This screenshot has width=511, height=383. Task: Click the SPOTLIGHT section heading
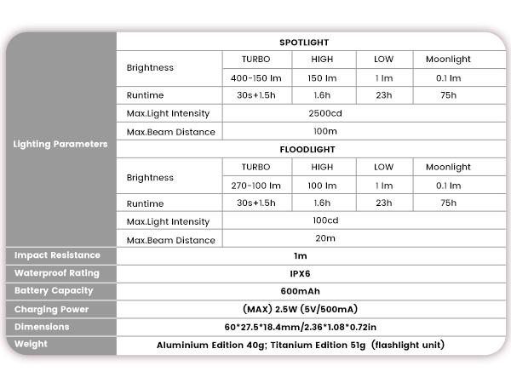click(x=303, y=42)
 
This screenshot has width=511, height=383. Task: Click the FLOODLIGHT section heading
click(x=307, y=149)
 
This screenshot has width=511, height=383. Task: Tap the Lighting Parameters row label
click(x=60, y=144)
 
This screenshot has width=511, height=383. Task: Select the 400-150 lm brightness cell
click(x=255, y=77)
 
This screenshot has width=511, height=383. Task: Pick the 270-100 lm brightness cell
click(x=255, y=185)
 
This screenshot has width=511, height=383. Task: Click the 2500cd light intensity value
click(x=324, y=113)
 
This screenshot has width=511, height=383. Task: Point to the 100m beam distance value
click(x=324, y=131)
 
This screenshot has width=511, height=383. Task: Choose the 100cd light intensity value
click(x=324, y=220)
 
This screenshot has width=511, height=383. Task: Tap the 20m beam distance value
click(x=324, y=238)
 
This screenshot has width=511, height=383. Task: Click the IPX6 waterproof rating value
click(x=307, y=273)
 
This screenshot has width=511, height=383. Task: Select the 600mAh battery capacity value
click(x=307, y=291)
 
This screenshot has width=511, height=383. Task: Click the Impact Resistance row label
click(x=57, y=255)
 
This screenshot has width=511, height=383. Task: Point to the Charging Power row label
click(x=52, y=309)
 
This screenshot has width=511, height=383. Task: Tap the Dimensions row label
click(x=42, y=327)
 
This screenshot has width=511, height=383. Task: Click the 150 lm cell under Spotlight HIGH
click(x=322, y=77)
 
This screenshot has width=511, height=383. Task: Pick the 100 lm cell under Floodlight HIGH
click(x=322, y=185)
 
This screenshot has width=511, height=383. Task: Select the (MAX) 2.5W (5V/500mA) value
click(x=307, y=309)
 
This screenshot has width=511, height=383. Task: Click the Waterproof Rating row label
click(x=57, y=273)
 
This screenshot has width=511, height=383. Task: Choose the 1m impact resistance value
click(x=307, y=255)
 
